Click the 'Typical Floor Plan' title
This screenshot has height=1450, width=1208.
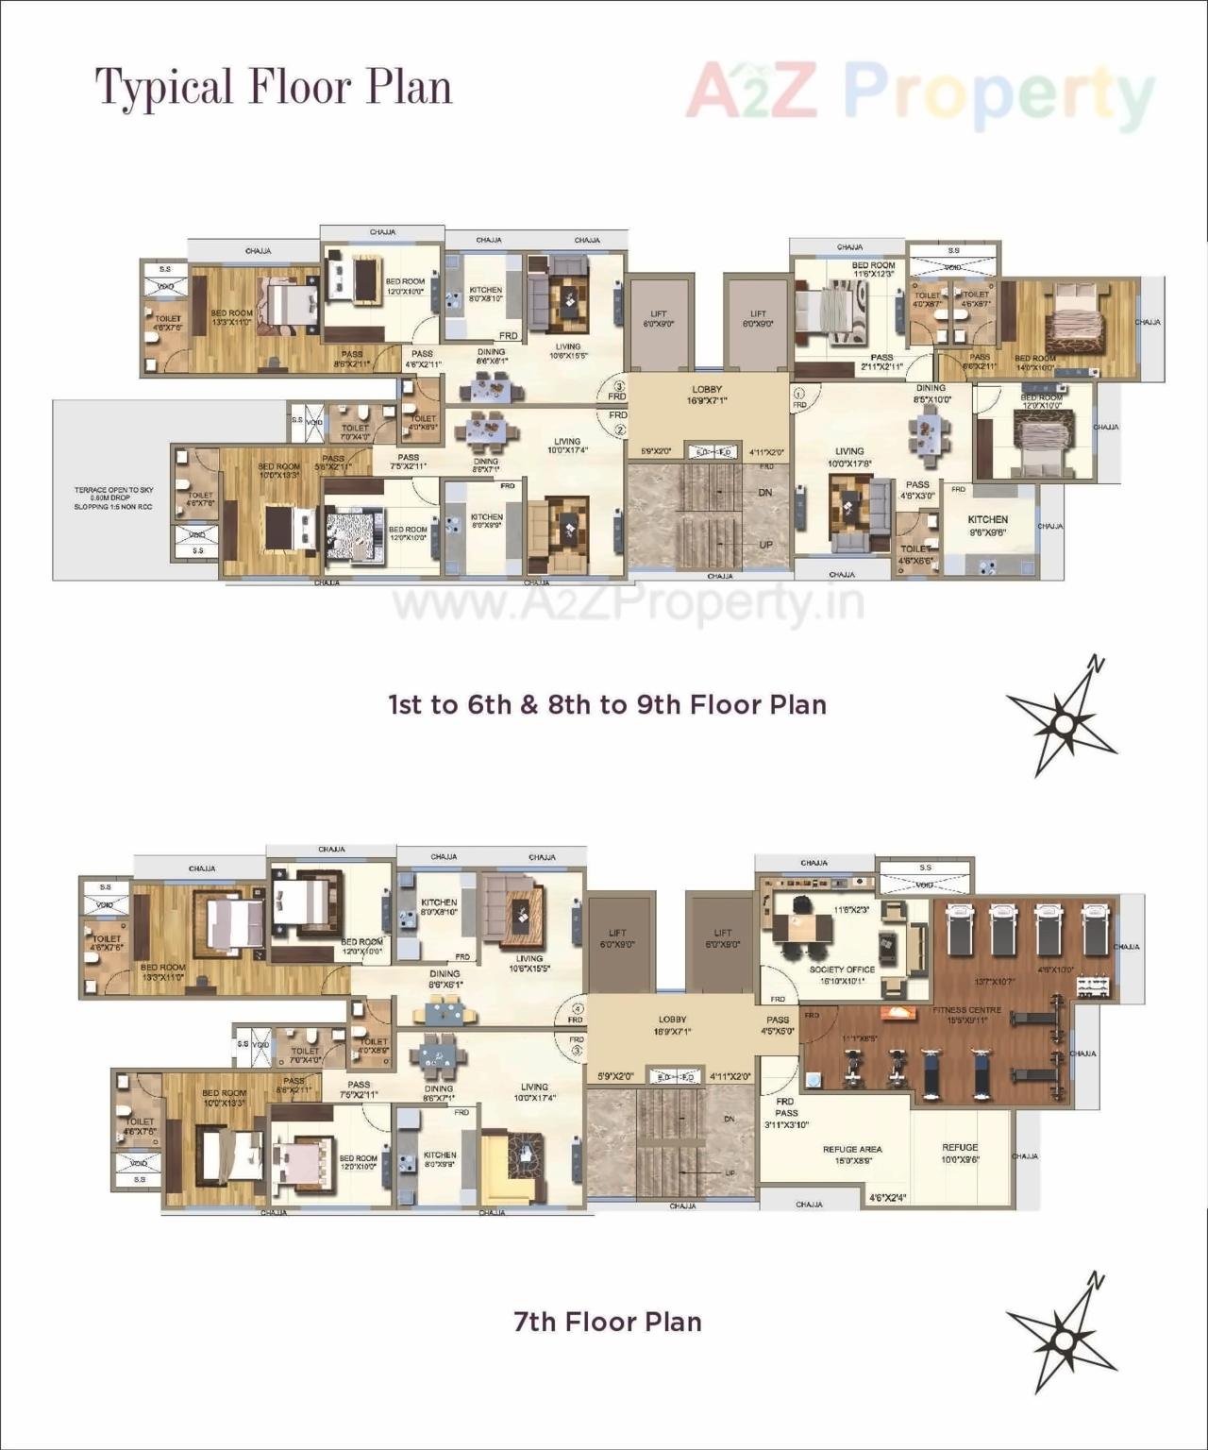pos(274,88)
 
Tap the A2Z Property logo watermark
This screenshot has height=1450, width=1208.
pos(920,93)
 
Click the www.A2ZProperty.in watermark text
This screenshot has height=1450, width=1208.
pos(628,601)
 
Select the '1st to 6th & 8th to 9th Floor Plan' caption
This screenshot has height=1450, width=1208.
pos(608,705)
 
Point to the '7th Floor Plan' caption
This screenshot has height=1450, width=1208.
pos(608,1322)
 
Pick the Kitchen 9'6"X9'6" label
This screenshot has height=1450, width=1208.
pos(987,525)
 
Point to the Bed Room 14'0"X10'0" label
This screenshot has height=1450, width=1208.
pos(1035,362)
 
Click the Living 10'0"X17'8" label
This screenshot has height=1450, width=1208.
pos(849,457)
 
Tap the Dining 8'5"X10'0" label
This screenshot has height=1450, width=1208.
pos(931,393)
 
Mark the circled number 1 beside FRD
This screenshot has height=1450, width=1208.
pos(798,394)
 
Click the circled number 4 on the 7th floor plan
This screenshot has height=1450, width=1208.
pos(578,1008)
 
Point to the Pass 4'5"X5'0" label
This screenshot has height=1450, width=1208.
pos(778,1025)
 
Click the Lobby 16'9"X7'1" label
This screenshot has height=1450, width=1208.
pos(707,395)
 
